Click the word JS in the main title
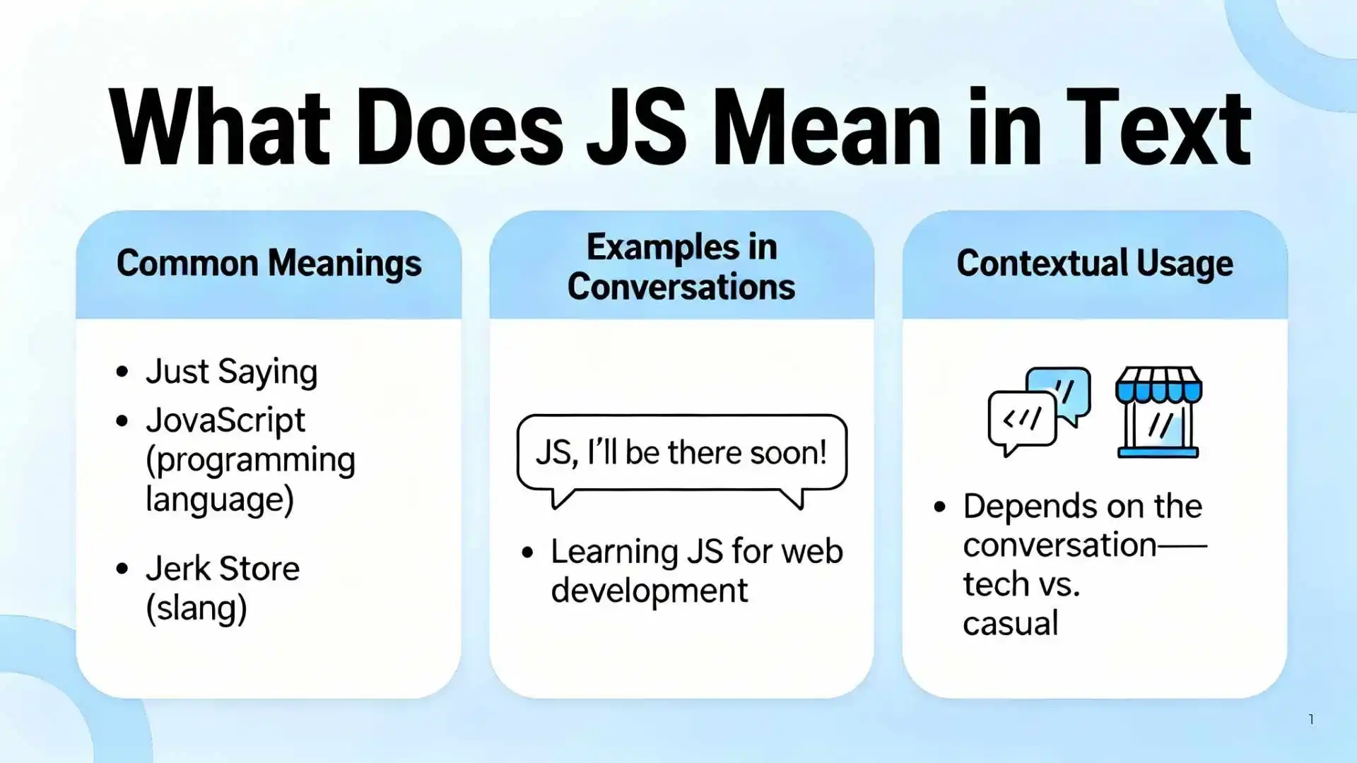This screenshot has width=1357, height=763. coord(635,128)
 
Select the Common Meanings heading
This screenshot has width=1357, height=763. coord(269,264)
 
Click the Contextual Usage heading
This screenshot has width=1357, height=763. coord(1094,264)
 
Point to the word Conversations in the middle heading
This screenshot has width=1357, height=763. coord(681,287)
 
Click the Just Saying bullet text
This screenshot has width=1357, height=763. coord(231,372)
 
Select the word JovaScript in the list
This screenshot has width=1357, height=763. coord(225,421)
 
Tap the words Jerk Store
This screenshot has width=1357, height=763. coord(223,569)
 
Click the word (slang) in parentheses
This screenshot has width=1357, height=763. coord(196,608)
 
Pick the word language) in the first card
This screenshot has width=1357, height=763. coord(219,499)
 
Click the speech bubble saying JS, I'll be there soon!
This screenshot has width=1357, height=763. coord(681,453)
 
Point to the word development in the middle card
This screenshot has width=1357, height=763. coord(649,591)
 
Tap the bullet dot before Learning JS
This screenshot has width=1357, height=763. coord(527,552)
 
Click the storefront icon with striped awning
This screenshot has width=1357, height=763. coord(1158,412)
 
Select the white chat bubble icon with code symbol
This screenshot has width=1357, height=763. coord(1021,422)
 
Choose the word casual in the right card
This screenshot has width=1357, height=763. coord(1010,623)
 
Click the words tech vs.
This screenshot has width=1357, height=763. coord(1021,584)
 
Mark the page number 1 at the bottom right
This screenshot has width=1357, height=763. coord(1311,719)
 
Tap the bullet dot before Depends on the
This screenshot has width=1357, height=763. coord(939,507)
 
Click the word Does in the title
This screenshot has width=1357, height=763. coord(459,128)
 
